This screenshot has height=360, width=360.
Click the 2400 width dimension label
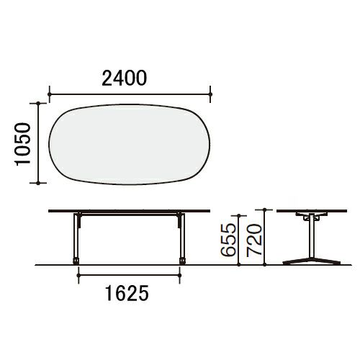point(124,78)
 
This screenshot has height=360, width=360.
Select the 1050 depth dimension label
point(23,144)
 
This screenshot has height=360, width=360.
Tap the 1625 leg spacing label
point(127,293)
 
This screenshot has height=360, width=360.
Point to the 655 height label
point(228,240)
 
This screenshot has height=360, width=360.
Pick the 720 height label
point(254,240)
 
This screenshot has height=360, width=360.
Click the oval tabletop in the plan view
point(130,145)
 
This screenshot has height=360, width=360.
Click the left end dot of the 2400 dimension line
point(50,94)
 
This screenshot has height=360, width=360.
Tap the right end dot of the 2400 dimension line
point(210,94)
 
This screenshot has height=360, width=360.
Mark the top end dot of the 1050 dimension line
point(38,103)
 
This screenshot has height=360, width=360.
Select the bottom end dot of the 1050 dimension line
point(38,183)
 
